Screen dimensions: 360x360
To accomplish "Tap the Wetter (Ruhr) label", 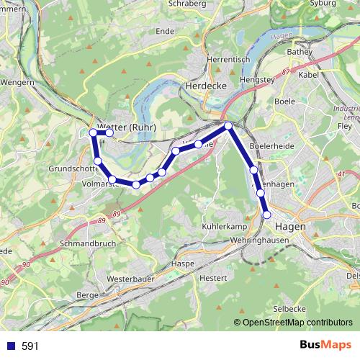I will (127, 127).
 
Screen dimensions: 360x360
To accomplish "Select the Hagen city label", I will (290, 226).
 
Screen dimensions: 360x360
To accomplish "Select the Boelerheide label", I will (271, 146).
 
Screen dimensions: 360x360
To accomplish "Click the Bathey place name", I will (298, 52).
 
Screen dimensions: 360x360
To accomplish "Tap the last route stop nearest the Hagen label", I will (266, 215).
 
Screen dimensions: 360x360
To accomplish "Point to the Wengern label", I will (17, 82).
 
